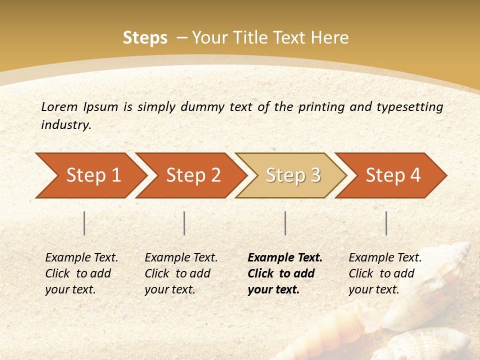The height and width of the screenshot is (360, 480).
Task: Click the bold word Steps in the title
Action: tap(145, 38)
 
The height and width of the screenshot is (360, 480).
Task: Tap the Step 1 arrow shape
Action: tap(90, 175)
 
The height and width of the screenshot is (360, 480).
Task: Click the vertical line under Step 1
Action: tap(84, 223)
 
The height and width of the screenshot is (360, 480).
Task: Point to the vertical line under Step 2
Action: tap(184, 223)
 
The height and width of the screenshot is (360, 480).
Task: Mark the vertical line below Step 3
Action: tap(285, 223)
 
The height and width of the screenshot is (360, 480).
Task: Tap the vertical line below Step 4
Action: tap(386, 223)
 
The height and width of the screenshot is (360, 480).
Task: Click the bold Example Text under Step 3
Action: tap(285, 273)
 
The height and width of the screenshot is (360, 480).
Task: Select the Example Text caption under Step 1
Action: tap(81, 273)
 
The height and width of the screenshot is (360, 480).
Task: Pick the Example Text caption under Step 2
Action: tap(181, 273)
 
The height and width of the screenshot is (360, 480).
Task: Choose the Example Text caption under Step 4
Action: tap(385, 273)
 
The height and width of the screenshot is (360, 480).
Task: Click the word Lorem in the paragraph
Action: tap(59, 106)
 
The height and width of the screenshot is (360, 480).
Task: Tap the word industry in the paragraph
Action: tap(65, 125)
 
